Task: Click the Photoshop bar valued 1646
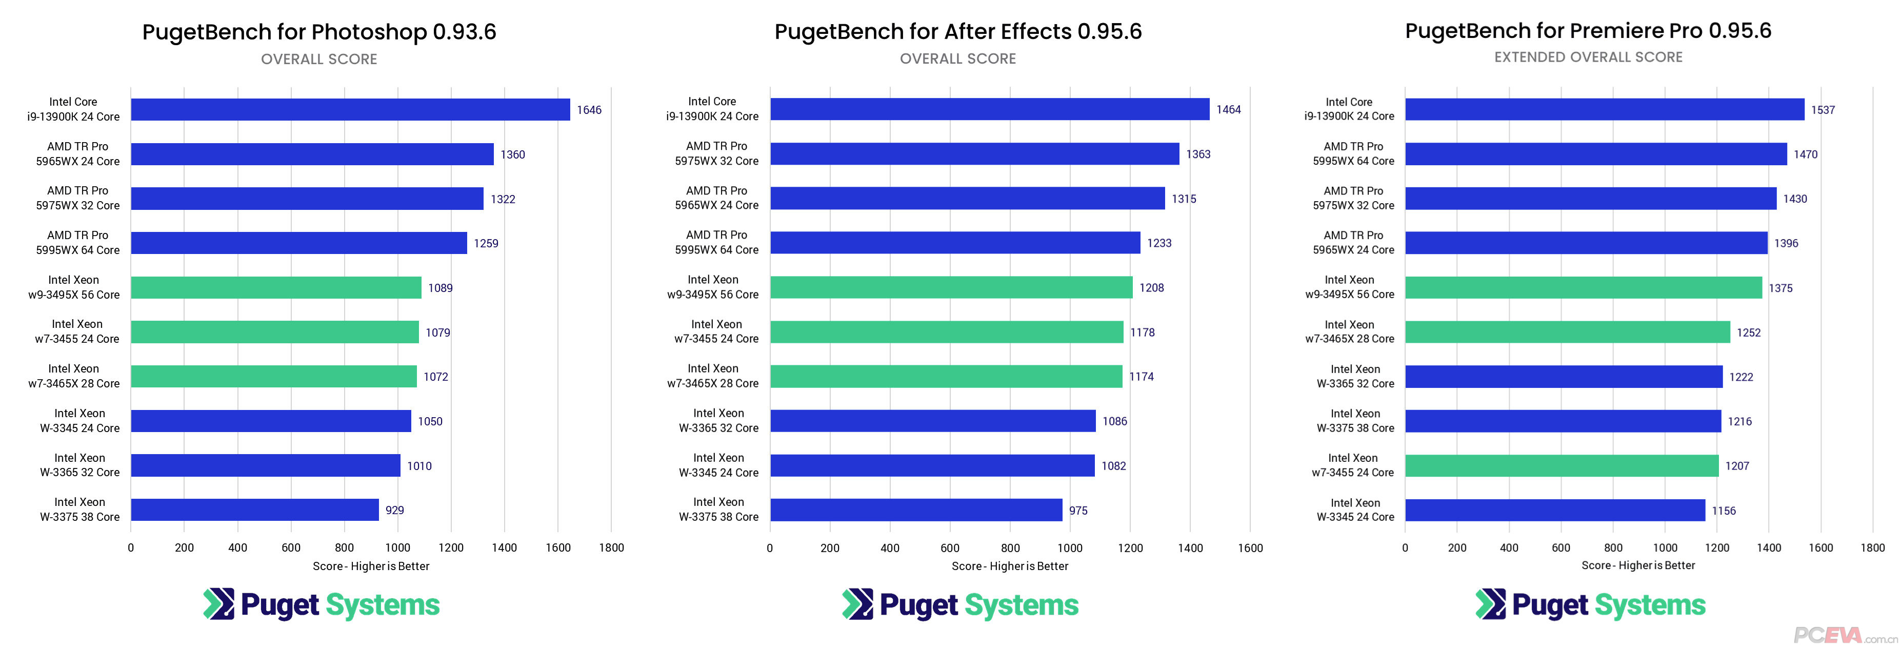[x=350, y=109]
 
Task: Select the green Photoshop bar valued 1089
[x=276, y=288]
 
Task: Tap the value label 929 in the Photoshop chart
[x=394, y=510]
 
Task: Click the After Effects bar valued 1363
[x=974, y=153]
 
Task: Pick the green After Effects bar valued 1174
[x=946, y=376]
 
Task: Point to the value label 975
[x=1077, y=511]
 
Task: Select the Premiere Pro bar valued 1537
[x=1604, y=109]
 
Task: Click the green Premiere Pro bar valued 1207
[x=1562, y=466]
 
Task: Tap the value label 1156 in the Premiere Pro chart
[x=1723, y=511]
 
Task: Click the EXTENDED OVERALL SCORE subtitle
[x=1588, y=57]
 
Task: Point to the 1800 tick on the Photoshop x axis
[x=611, y=548]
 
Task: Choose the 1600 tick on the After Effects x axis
[x=1250, y=548]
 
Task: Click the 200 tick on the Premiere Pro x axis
[x=1457, y=548]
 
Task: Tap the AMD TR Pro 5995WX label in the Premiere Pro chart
[x=1353, y=153]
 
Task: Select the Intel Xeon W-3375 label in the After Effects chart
[x=718, y=509]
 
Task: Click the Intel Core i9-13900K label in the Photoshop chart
[x=73, y=109]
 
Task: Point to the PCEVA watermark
[x=1844, y=635]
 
